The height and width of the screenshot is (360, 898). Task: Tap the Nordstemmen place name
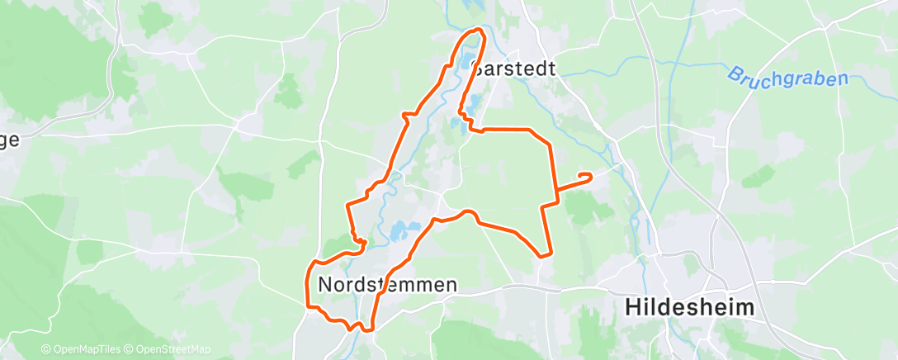click(387, 285)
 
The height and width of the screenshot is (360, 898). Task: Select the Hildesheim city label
click(690, 307)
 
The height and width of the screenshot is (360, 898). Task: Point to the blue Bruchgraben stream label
click(787, 83)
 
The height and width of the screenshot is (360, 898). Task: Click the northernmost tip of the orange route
click(475, 31)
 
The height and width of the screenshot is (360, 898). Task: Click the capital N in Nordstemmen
click(325, 285)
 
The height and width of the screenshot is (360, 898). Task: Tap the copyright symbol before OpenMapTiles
click(46, 349)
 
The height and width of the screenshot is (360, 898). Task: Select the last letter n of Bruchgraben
click(842, 80)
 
